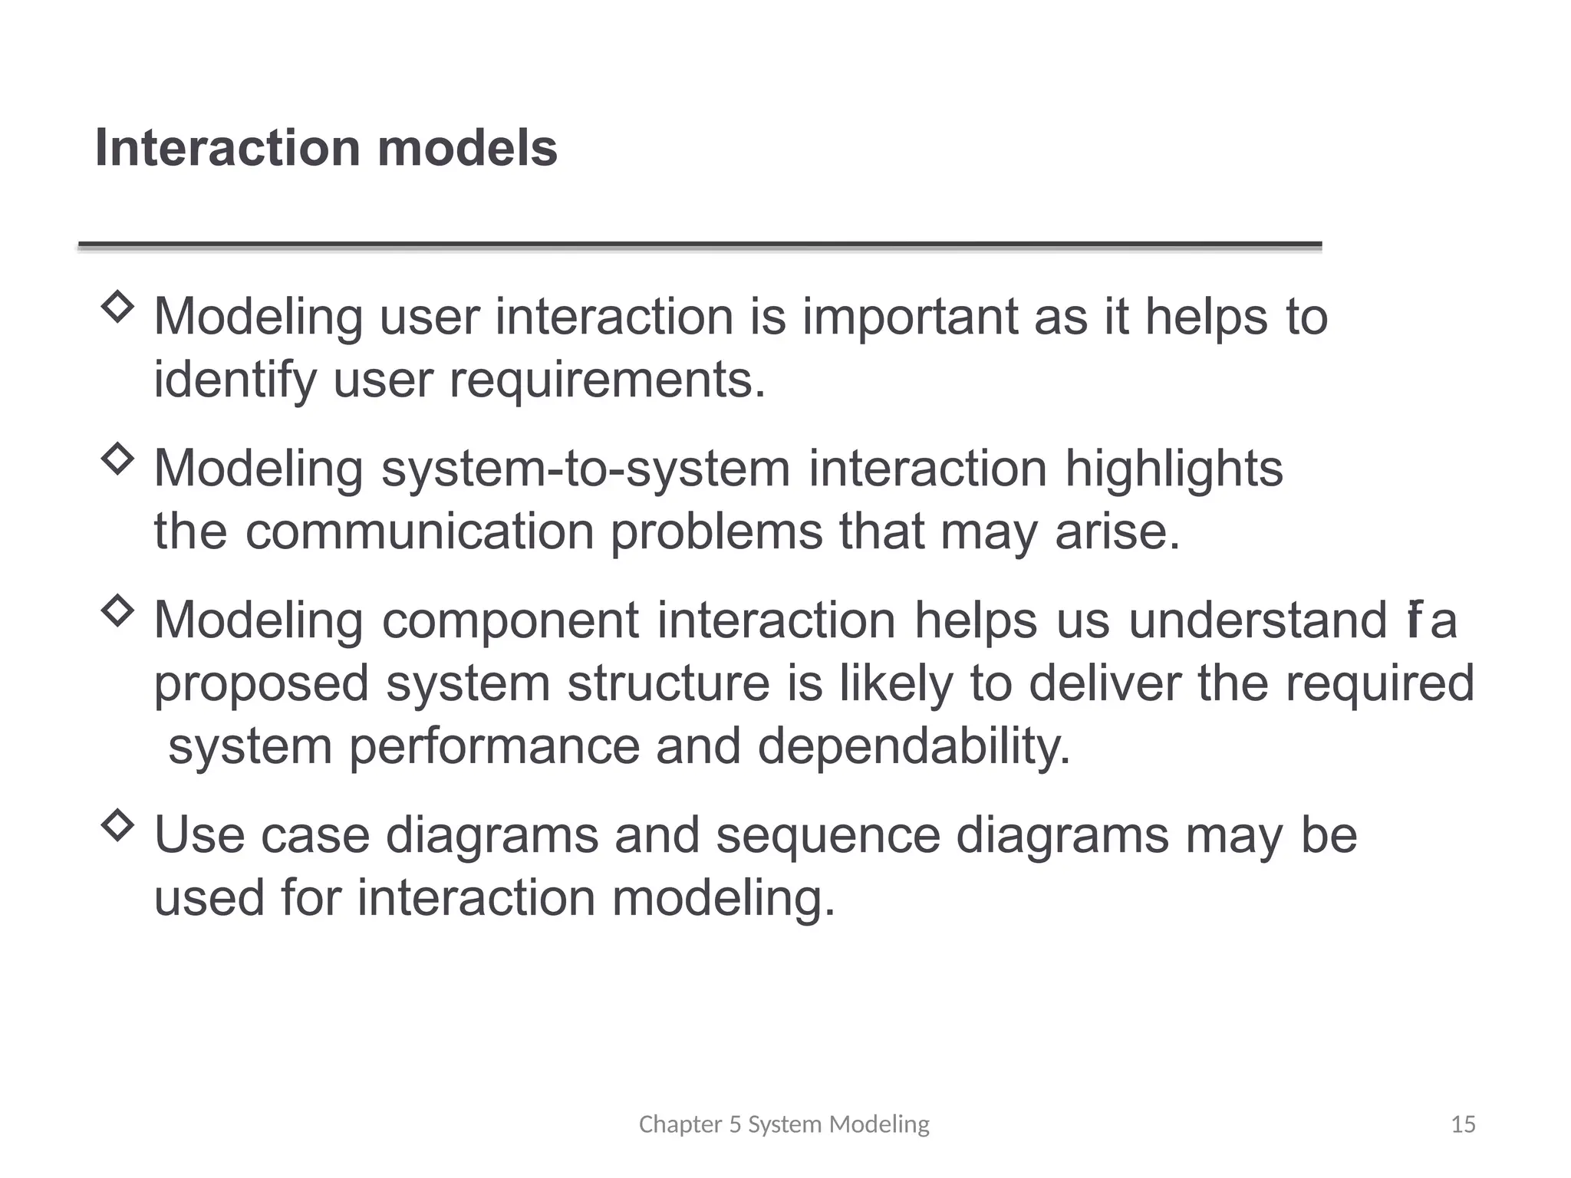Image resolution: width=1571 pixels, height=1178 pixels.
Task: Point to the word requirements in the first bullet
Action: point(607,380)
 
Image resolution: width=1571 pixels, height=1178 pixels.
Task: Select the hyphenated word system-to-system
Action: point(585,469)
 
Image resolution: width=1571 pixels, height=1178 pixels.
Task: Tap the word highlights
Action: point(1174,469)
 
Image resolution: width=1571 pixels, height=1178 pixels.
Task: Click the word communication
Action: point(420,531)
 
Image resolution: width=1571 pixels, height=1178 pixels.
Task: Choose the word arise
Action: point(1117,531)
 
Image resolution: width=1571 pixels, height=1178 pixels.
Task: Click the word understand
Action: point(1257,620)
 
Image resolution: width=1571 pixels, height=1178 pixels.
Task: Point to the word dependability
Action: point(914,745)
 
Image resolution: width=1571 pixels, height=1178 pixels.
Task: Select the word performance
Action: point(494,745)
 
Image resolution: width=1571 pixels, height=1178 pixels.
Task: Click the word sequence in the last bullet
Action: point(828,835)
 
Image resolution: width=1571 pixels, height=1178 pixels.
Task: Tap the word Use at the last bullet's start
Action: point(199,835)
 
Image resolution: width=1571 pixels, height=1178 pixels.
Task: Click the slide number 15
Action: point(1464,1124)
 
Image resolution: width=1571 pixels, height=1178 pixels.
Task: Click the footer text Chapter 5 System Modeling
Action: point(784,1124)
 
